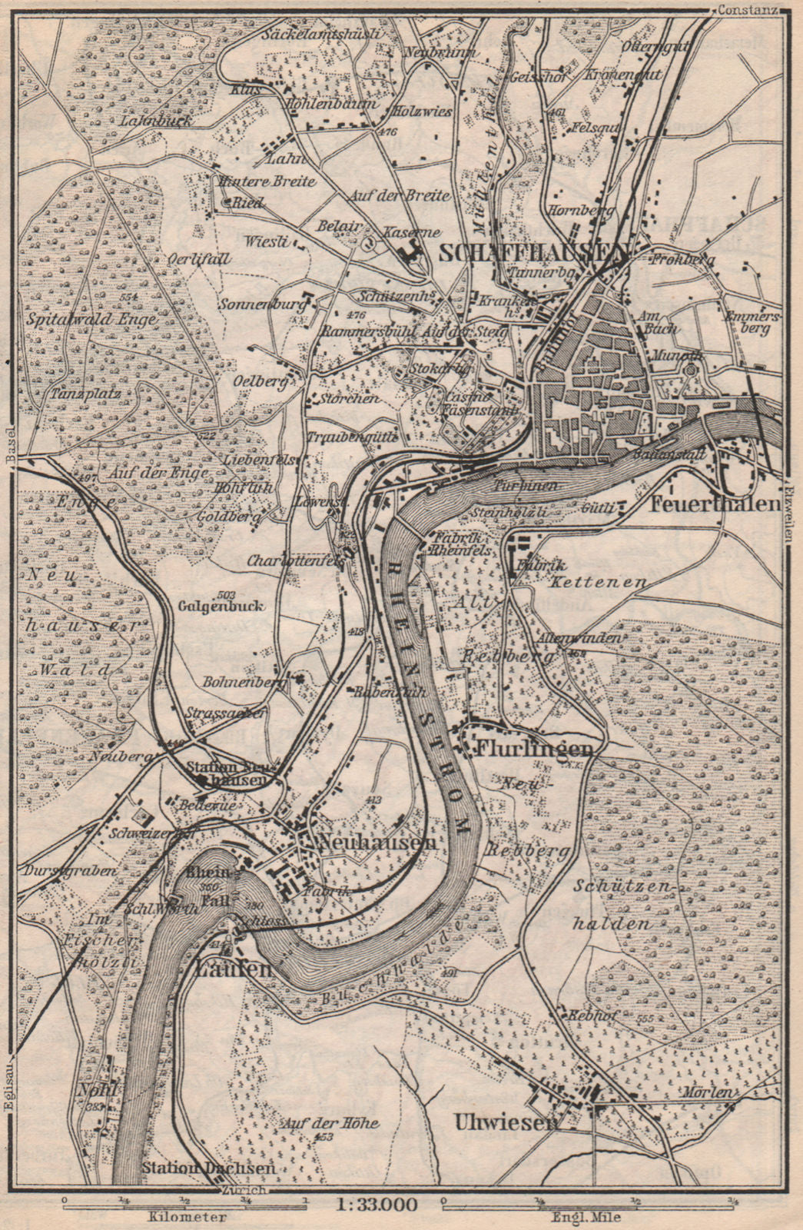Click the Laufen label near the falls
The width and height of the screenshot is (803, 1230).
[x=230, y=969]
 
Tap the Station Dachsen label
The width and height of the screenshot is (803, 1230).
[x=208, y=1166]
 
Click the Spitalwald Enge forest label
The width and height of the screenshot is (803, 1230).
[x=91, y=318]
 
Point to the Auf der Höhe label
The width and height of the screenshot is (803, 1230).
[x=330, y=1123]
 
